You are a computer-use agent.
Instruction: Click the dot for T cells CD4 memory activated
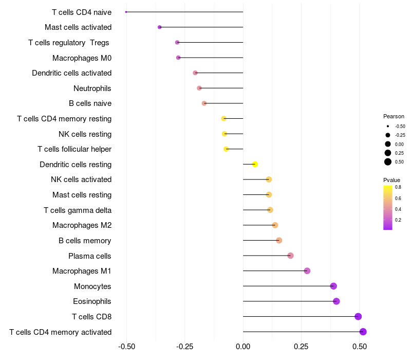coord(363,332)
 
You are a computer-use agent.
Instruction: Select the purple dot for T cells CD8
coord(358,316)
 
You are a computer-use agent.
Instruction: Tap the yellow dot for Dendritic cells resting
coord(255,164)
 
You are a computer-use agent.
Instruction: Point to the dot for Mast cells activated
coord(160,27)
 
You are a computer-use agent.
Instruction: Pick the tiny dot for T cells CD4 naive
coord(126,12)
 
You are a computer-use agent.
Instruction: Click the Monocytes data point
coord(333,286)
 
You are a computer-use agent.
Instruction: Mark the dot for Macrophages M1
coord(307,271)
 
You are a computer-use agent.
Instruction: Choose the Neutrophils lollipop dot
coord(199,88)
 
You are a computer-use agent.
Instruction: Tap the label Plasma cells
coord(90,256)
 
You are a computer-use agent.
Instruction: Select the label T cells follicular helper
coord(74,149)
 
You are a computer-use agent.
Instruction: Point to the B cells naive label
coord(90,103)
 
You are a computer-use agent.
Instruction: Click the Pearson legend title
coord(394,116)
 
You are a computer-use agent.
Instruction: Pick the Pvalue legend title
coord(391,180)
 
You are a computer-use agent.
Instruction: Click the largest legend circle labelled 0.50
coord(388,162)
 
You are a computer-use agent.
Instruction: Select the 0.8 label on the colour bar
coord(398,187)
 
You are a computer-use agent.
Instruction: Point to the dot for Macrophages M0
coord(178,58)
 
